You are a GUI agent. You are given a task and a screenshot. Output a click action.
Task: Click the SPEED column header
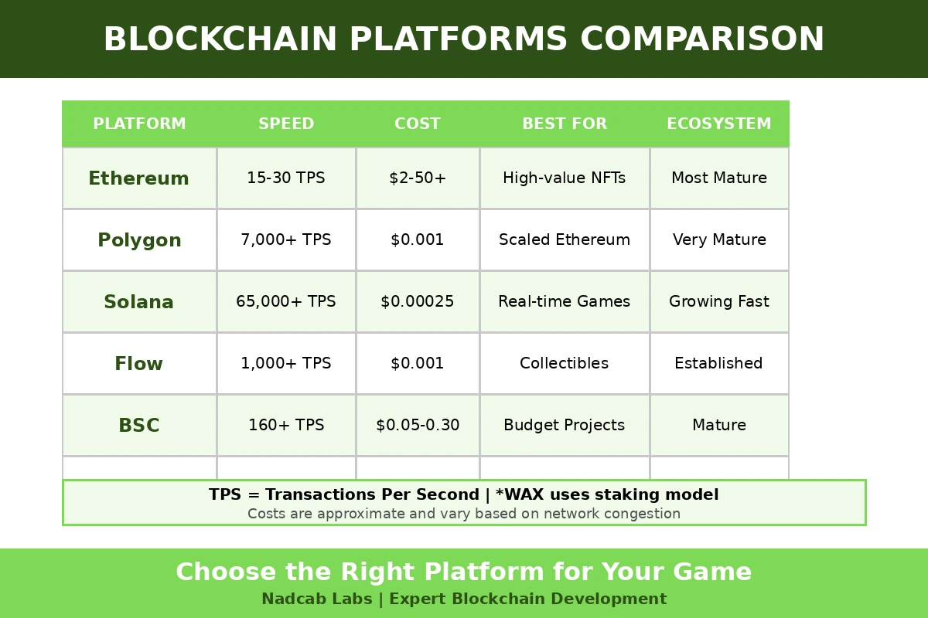pos(286,124)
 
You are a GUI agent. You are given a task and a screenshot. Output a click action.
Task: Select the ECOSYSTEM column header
pos(718,124)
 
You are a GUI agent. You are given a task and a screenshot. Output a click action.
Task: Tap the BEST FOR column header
pos(564,124)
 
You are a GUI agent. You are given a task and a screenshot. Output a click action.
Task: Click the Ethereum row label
pos(138,178)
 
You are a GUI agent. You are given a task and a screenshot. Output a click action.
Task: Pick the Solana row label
pos(138,302)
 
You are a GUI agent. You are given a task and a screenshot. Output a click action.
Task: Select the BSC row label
pos(138,426)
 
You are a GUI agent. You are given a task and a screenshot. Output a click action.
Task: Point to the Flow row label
pos(138,364)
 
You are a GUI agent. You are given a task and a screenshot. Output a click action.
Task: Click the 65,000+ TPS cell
pos(286,302)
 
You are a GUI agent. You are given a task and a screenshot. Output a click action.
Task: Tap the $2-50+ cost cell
pos(418,178)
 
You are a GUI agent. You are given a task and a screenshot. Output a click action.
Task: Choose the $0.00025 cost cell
pos(418,302)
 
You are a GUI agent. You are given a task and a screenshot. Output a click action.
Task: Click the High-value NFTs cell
pos(564,178)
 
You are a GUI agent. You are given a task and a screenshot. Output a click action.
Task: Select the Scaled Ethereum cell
pos(564,240)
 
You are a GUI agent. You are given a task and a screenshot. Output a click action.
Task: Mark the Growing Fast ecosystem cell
pos(718,302)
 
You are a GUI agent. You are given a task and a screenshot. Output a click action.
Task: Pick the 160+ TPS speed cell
pos(286,426)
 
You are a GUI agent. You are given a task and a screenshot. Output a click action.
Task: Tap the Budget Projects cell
pos(564,426)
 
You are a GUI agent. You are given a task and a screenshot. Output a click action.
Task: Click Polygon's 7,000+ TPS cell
pos(286,240)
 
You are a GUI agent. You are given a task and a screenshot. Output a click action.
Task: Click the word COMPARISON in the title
pos(702,39)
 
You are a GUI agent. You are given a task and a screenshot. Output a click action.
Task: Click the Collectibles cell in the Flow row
pos(564,364)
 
